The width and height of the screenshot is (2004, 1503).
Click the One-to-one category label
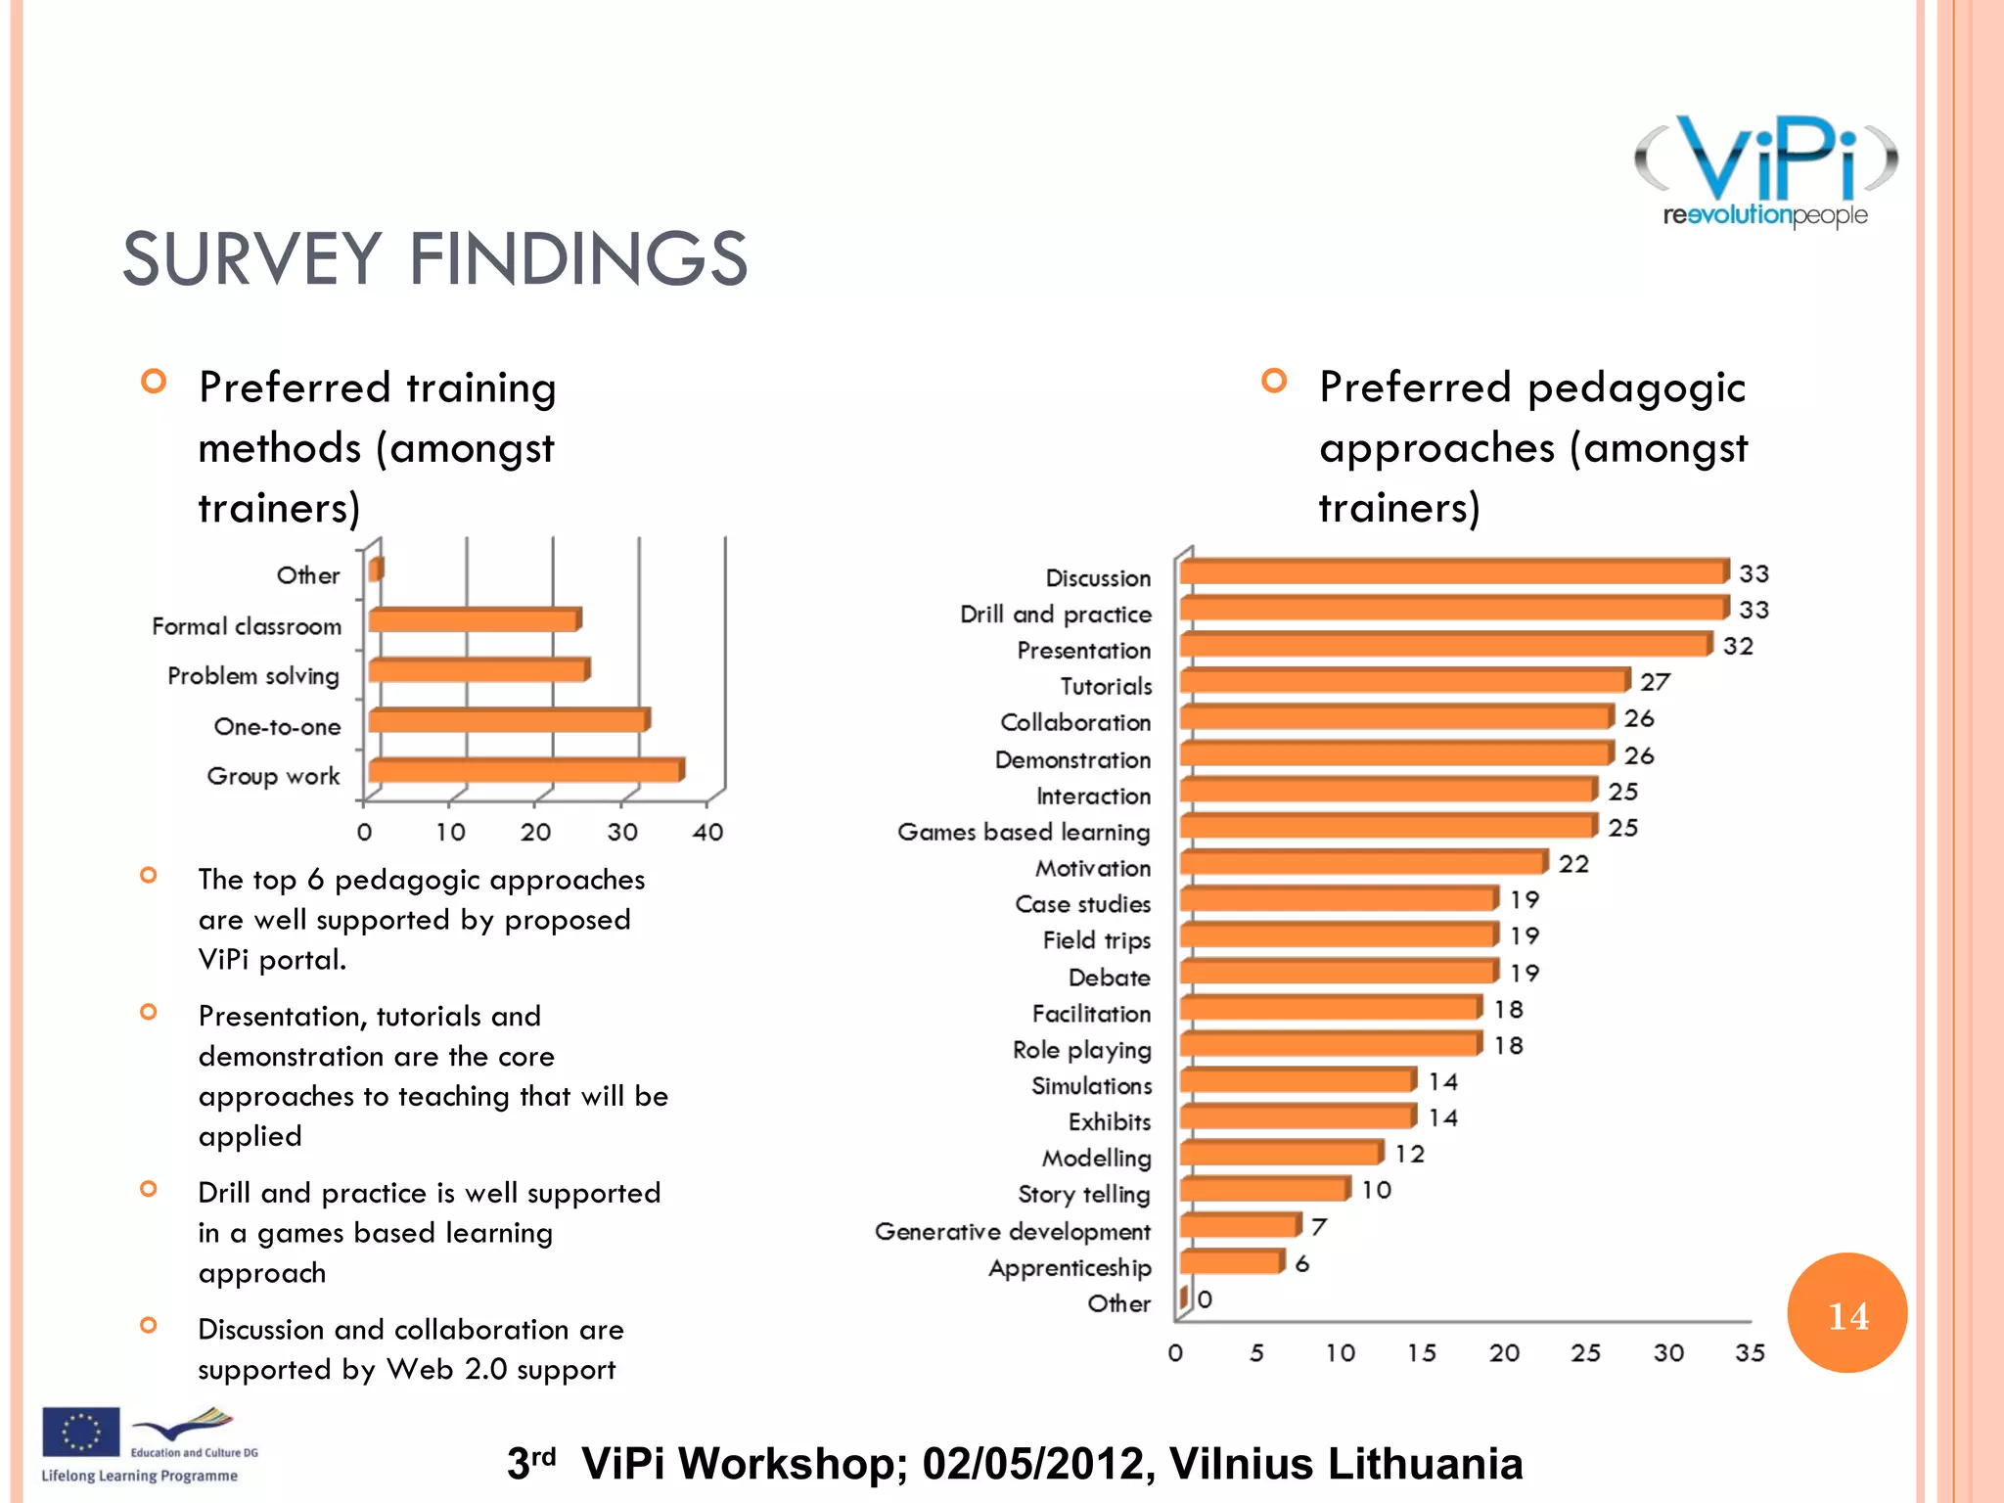(277, 727)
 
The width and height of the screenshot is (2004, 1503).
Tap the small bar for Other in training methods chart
(376, 569)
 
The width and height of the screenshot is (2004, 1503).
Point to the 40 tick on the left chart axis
(707, 833)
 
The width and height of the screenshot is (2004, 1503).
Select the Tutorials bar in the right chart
(1404, 681)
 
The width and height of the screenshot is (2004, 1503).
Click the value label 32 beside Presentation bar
(1738, 647)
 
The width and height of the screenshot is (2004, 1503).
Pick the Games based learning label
(1024, 832)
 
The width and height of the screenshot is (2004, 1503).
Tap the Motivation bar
(1363, 862)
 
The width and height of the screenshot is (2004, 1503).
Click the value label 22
(1573, 864)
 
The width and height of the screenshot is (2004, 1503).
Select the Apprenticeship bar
(1231, 1262)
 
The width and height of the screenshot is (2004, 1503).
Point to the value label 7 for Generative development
(1318, 1227)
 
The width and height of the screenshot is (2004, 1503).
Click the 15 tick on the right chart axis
(1422, 1353)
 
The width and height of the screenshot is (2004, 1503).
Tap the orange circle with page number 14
(1846, 1313)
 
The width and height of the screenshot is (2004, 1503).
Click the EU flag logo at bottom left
(80, 1432)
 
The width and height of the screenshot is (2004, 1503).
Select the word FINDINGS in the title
(577, 259)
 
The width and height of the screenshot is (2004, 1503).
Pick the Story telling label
(1083, 1195)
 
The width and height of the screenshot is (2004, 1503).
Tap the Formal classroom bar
(475, 620)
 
